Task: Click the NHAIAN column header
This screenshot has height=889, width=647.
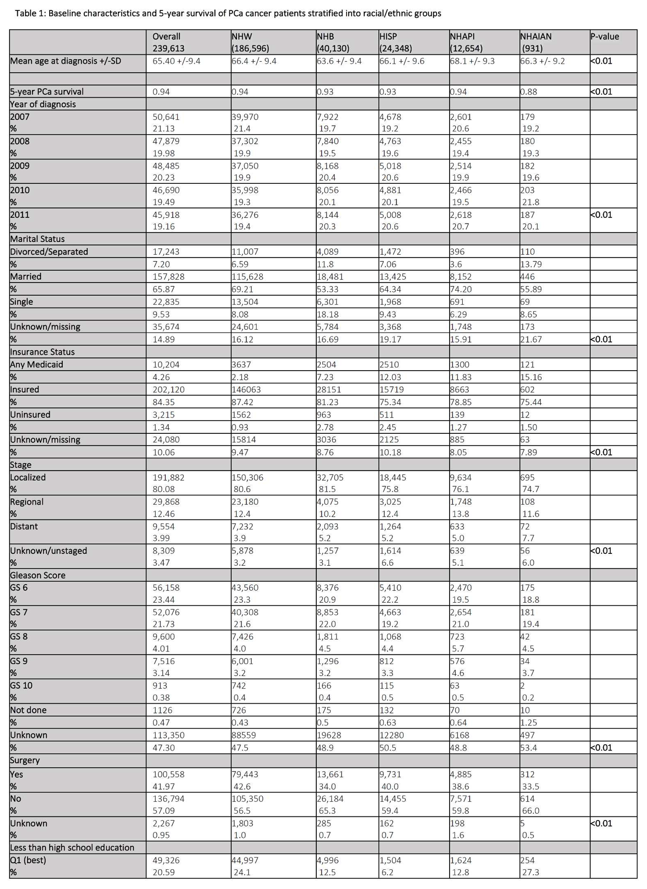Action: [x=536, y=36]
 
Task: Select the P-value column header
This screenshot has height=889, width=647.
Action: [x=604, y=36]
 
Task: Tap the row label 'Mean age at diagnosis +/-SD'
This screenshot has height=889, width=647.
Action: [x=65, y=61]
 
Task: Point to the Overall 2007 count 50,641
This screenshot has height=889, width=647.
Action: [x=166, y=117]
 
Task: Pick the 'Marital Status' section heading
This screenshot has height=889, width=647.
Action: [x=37, y=239]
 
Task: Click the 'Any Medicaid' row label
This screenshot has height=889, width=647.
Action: [x=36, y=364]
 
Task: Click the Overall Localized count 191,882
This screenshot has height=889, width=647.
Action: [x=168, y=477]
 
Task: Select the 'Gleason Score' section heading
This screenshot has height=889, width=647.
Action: [x=38, y=575]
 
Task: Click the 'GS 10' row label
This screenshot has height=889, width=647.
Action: [x=21, y=685]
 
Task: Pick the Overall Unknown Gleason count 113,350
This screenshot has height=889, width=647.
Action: [x=168, y=735]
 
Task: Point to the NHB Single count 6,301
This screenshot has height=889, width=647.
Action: [x=327, y=302]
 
